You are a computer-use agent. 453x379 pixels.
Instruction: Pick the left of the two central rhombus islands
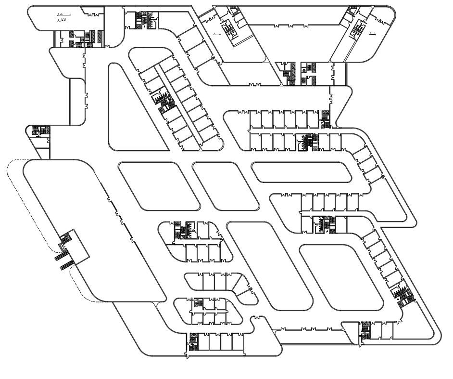coord(159,186)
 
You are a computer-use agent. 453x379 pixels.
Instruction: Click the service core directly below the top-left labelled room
coord(77,38)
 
